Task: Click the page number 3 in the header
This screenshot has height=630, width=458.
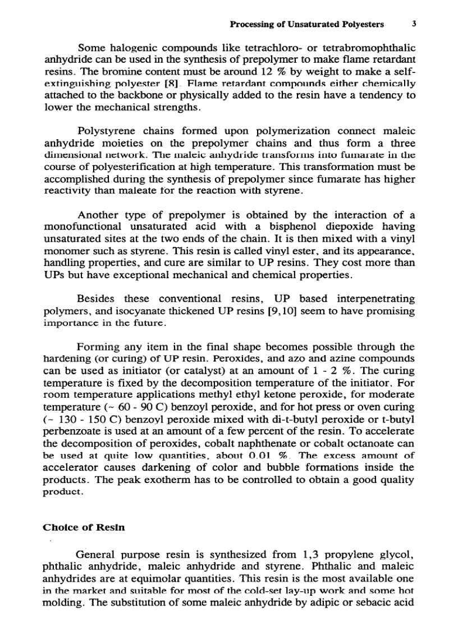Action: (x=413, y=24)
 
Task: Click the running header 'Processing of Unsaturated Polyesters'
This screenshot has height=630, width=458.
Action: (x=307, y=24)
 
